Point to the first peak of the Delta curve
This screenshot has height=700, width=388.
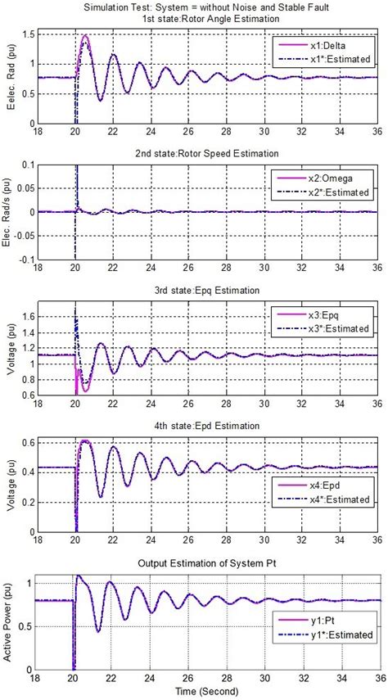click(x=84, y=36)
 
